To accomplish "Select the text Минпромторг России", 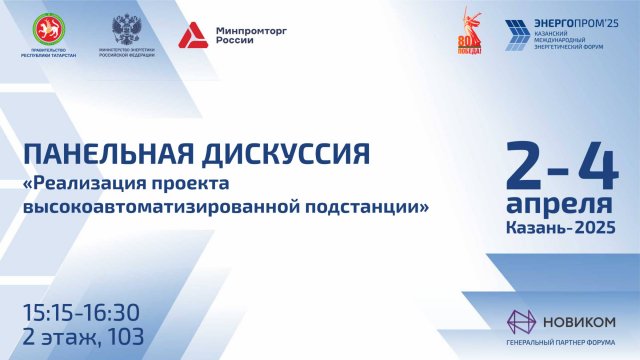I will [244, 36].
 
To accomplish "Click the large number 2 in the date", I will [528, 163].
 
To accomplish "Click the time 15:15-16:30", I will [81, 313].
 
